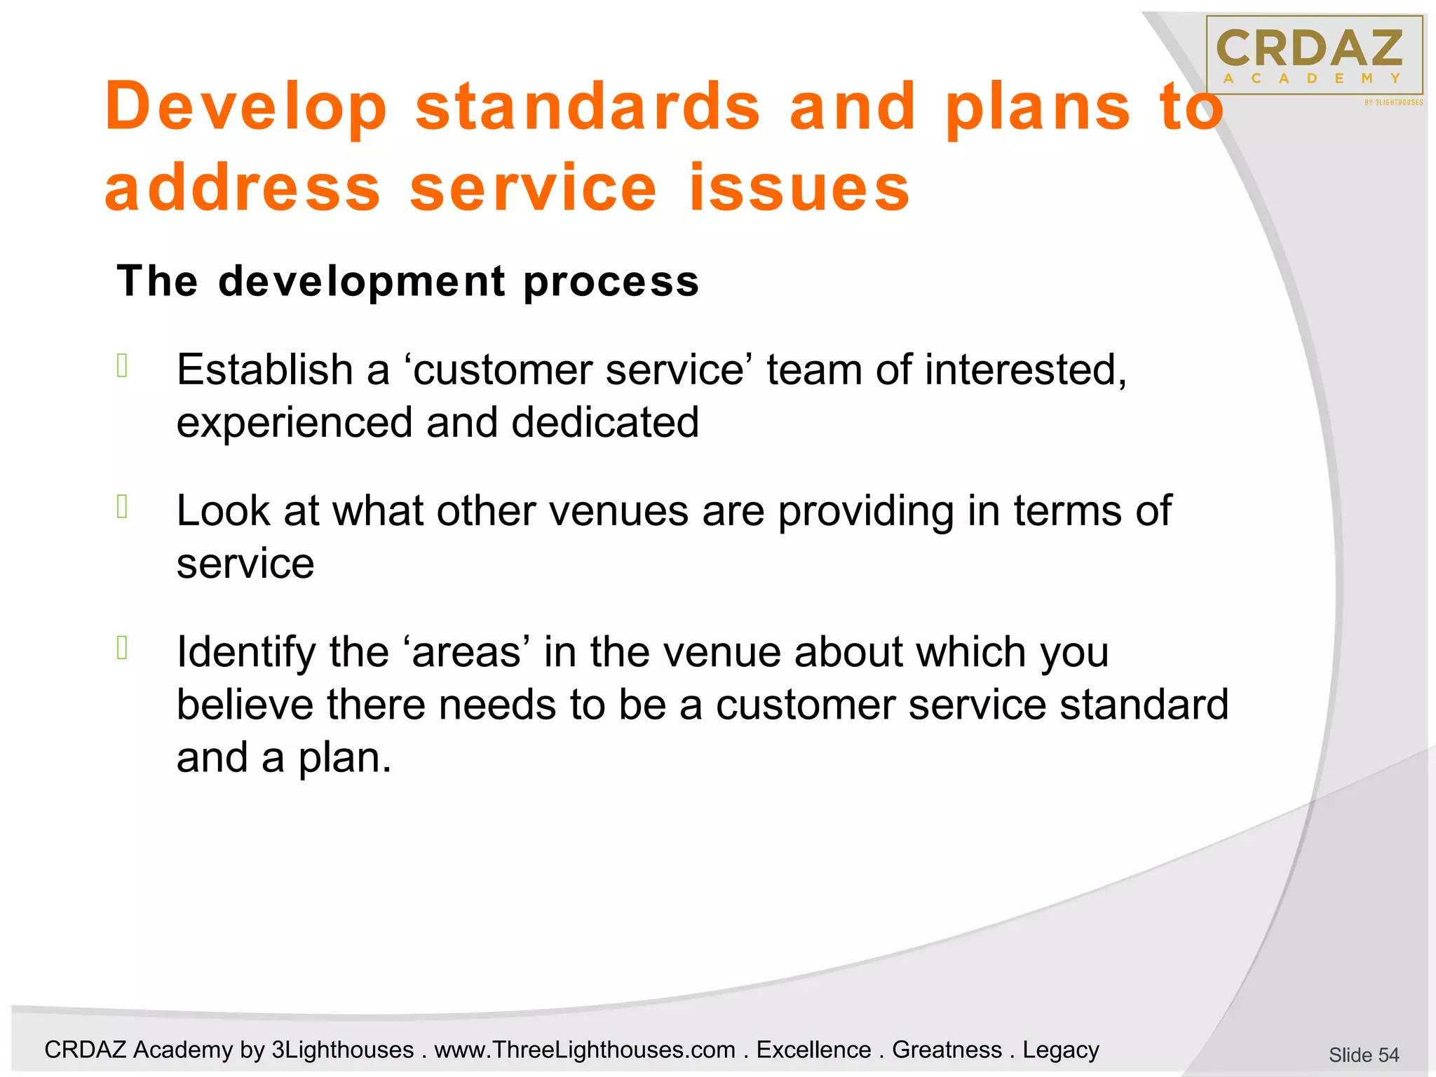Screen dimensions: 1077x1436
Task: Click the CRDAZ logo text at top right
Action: (1310, 48)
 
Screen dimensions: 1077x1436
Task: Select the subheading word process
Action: (611, 281)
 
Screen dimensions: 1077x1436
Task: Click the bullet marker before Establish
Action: (122, 366)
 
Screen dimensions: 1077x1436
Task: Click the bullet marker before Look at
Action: (122, 506)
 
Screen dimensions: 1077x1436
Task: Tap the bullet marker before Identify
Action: (122, 648)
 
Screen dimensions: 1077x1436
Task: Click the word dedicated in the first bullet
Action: (604, 422)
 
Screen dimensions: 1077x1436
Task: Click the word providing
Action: (865, 512)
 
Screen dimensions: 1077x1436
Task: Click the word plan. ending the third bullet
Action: (345, 758)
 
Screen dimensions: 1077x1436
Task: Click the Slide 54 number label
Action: (1363, 1055)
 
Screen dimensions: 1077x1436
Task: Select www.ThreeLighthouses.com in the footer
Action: (585, 1050)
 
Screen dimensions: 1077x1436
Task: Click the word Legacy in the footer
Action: (1060, 1050)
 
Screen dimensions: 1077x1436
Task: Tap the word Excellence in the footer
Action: (813, 1050)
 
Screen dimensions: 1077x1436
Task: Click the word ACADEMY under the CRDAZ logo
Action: (1312, 79)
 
